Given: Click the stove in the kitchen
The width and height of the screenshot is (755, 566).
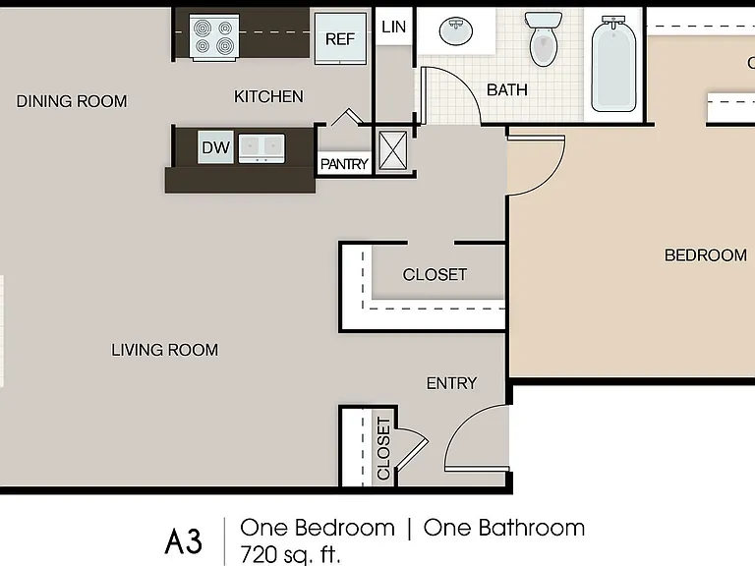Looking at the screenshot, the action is click(214, 37).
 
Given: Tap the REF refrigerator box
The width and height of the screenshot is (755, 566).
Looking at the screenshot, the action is click(340, 38).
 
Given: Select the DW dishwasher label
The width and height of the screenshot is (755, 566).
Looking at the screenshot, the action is click(215, 147).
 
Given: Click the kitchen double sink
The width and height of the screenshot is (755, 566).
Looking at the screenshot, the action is click(261, 148).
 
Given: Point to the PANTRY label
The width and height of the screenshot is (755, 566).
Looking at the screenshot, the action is click(344, 164).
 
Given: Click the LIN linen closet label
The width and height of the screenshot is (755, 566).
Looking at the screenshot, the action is click(393, 27).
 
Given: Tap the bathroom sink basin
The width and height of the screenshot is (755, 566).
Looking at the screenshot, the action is click(456, 31).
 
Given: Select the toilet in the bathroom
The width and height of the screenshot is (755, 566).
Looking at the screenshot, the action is click(544, 38).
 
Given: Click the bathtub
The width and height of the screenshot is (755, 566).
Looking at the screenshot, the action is click(613, 64).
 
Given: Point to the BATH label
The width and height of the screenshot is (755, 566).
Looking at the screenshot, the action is click(507, 90).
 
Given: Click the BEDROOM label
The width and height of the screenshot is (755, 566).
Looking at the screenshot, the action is click(706, 255).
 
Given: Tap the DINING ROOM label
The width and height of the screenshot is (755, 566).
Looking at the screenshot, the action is click(72, 101).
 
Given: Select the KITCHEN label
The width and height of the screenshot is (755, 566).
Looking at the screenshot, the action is click(268, 96).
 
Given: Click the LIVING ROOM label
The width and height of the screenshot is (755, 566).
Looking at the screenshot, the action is click(165, 350).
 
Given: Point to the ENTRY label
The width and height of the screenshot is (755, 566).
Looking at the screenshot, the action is click(451, 383).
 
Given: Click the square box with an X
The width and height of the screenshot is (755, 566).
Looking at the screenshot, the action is click(393, 150).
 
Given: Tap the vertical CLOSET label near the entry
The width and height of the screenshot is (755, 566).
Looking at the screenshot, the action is click(383, 448).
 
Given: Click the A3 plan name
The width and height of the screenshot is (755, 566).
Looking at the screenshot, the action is click(184, 541).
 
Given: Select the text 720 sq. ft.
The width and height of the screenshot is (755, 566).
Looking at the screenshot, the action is click(290, 554).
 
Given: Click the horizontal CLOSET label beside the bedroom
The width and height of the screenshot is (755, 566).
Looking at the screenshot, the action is click(435, 275).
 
